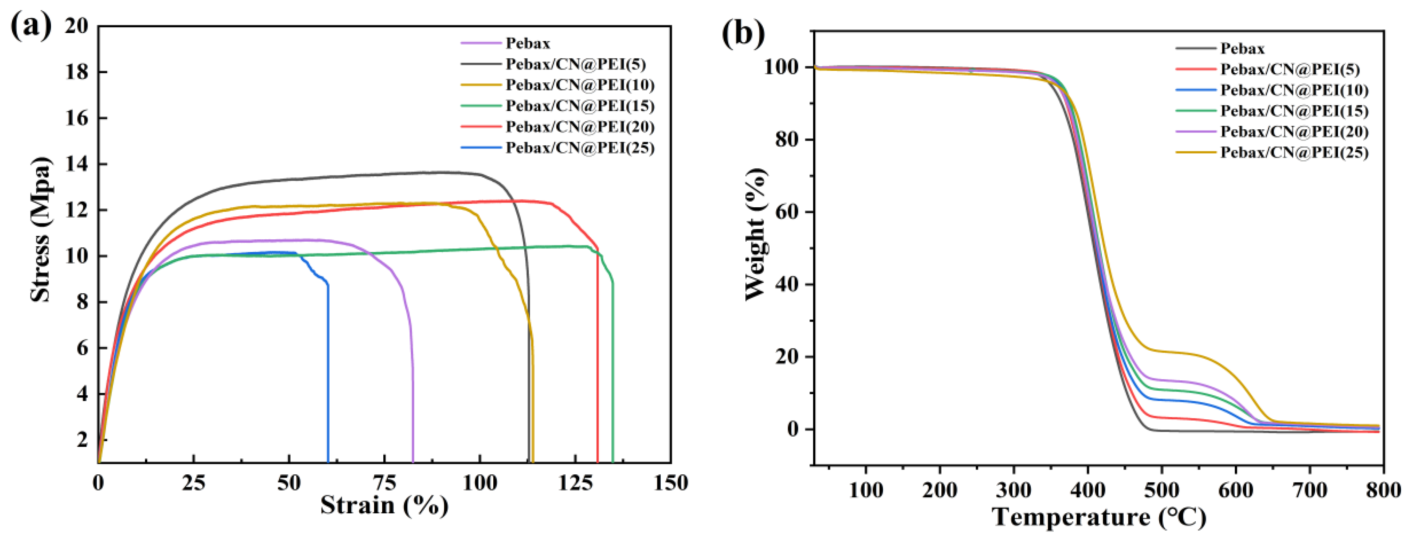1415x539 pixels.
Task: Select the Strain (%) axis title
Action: [x=384, y=505]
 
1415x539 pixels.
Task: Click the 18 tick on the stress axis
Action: [x=77, y=72]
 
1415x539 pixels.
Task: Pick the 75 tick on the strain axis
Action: [x=384, y=484]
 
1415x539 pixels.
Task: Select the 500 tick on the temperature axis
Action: [x=1161, y=490]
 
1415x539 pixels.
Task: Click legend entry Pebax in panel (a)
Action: [x=527, y=43]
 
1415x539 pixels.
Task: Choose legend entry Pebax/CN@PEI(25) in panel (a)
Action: [x=580, y=148]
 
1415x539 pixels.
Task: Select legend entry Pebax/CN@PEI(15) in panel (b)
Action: [x=1294, y=111]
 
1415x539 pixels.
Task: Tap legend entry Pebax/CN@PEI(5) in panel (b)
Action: [x=1290, y=69]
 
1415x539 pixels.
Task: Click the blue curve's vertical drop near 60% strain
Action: [x=328, y=374]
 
